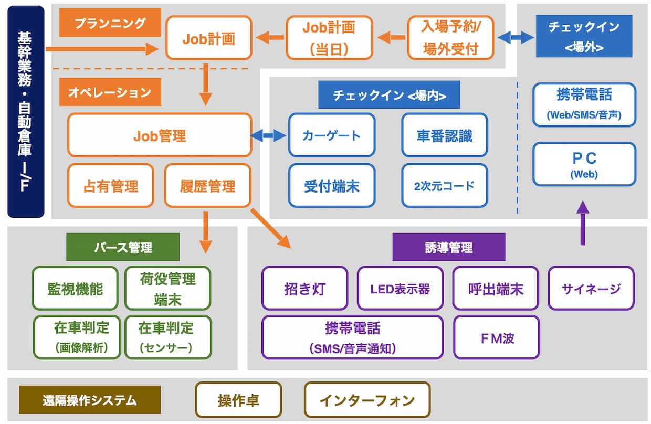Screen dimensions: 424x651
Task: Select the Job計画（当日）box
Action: pos(329,37)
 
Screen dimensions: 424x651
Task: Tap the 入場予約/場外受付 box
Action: pos(450,37)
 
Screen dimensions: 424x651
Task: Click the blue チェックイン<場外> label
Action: pos(584,36)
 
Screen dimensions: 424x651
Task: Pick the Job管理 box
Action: pos(160,135)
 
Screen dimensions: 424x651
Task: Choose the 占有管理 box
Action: pos(111,186)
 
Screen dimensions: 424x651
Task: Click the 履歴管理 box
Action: pos(208,186)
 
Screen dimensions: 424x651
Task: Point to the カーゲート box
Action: pos(332,135)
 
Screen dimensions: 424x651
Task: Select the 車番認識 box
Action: pos(445,135)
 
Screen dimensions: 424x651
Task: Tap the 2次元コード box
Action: pos(445,186)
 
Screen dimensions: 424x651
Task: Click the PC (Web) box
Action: pos(584,164)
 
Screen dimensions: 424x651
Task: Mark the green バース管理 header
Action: pos(123,247)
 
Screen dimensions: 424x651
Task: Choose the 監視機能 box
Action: pos(75,288)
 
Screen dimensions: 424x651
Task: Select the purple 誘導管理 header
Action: pos(449,247)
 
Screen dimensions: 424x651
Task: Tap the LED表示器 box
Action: pos(400,288)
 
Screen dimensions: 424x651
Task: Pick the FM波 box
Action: pos(497,337)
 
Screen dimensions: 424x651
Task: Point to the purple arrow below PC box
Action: pos(583,223)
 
